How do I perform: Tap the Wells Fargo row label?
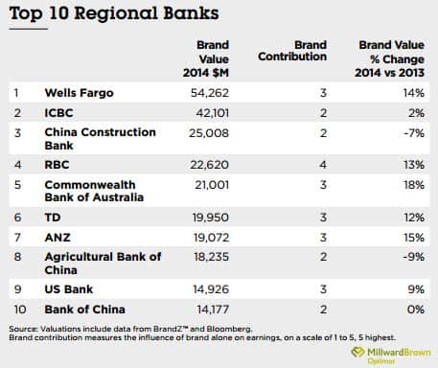click(x=80, y=94)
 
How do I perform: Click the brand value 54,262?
click(x=220, y=94)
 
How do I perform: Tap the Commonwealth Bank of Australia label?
click(x=90, y=191)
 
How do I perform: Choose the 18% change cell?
click(x=412, y=184)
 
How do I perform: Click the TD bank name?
click(x=54, y=218)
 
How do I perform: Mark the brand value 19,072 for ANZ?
click(x=220, y=235)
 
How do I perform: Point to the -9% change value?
click(x=413, y=257)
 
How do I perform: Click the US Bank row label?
click(x=70, y=289)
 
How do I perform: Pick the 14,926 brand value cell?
click(x=220, y=289)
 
